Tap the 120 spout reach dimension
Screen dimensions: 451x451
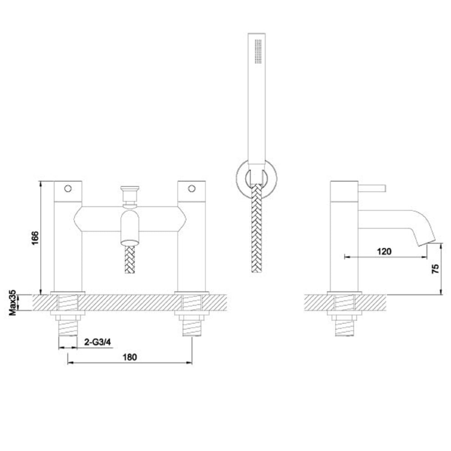point(384,251)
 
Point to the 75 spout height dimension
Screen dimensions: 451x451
point(435,269)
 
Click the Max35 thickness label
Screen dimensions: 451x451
point(14,302)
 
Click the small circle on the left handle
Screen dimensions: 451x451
point(69,188)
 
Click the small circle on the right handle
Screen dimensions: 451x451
point(193,188)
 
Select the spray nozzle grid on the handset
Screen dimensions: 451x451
point(258,51)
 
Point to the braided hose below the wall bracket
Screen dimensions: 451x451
point(256,230)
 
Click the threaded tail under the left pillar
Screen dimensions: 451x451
point(69,327)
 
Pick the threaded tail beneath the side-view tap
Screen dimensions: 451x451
point(345,327)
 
